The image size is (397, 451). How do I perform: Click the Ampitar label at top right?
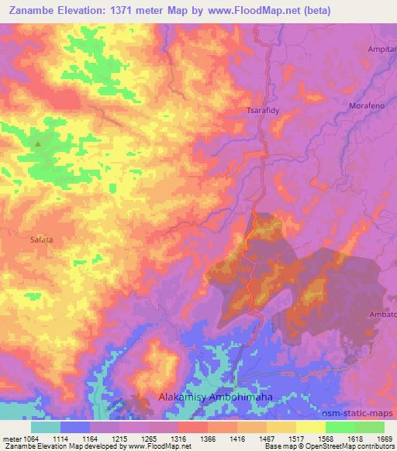381,48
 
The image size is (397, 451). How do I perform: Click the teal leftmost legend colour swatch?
46,427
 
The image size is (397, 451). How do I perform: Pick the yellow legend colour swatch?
311,427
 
